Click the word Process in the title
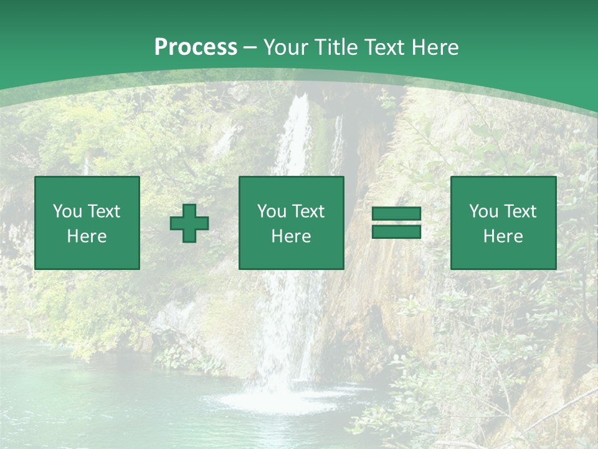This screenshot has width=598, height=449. click(196, 47)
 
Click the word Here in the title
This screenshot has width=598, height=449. click(435, 47)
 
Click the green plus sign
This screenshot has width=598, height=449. click(189, 223)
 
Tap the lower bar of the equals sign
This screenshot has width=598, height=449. click(396, 232)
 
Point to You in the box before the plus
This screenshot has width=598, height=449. click(66, 211)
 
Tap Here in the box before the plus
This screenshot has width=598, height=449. click(87, 236)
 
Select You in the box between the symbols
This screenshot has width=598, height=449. click(271, 211)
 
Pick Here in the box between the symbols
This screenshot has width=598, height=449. click(291, 236)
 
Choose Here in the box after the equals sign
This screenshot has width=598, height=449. click(503, 236)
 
